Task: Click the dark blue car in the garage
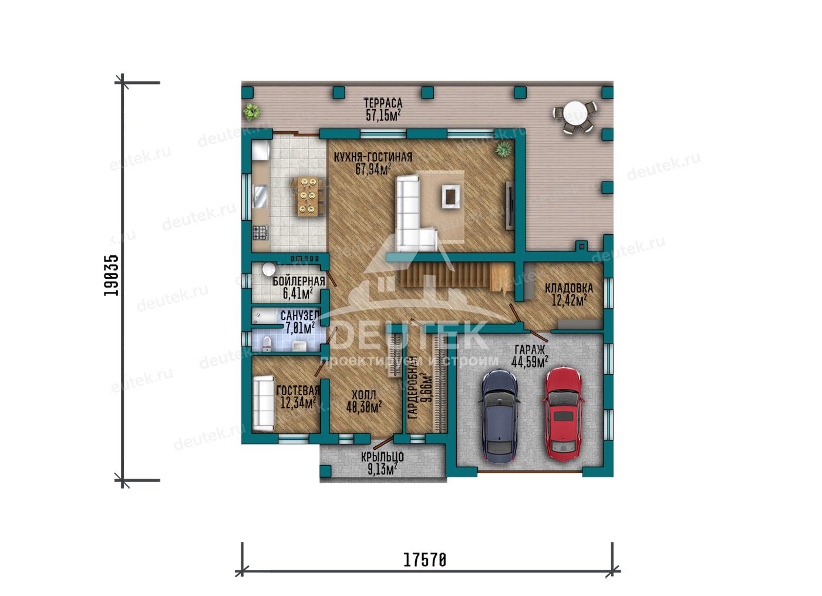(498, 416)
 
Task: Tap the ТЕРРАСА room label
(383, 103)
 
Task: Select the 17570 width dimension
(425, 560)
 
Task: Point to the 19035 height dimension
(111, 275)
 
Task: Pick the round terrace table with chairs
(575, 116)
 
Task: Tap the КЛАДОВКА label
(569, 288)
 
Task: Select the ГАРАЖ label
(530, 350)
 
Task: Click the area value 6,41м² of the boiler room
(298, 293)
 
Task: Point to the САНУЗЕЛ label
(300, 315)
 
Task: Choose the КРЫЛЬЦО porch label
(382, 457)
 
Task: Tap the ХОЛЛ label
(364, 395)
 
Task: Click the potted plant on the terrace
(251, 111)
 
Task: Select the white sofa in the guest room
(263, 403)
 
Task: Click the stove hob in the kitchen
(260, 233)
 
